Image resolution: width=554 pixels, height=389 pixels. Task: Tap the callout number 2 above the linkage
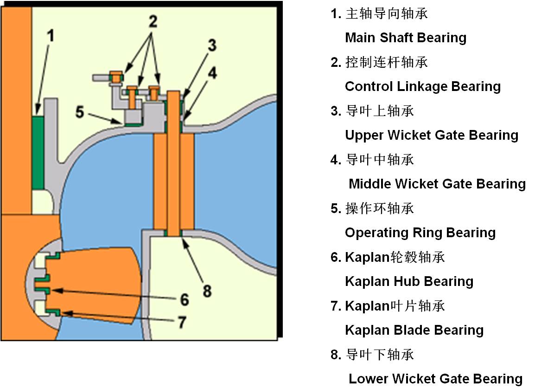[x=153, y=21]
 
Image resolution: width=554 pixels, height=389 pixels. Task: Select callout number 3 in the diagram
[x=211, y=45]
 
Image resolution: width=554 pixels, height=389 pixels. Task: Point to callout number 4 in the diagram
[x=211, y=72]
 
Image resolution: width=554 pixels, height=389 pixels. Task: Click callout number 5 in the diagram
[x=80, y=112]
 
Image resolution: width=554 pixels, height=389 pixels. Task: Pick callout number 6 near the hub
[x=185, y=299]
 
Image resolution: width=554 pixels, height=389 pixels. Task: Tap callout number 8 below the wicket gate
[x=207, y=291]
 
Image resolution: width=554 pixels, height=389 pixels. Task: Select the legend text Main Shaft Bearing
[x=406, y=38]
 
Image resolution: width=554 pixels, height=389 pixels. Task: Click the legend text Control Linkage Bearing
[x=423, y=86]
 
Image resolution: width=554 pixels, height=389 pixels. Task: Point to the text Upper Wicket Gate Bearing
[x=432, y=135]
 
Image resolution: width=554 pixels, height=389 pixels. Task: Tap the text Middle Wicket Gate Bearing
[x=437, y=184]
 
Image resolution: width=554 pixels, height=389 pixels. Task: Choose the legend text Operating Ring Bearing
[x=420, y=233]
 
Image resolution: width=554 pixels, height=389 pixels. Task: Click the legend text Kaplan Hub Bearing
[x=409, y=281]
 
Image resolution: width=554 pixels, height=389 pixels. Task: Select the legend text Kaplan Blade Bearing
[x=414, y=330]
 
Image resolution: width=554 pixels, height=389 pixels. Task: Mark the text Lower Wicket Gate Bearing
[x=435, y=379]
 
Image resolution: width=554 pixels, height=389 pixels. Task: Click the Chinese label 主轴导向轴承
[x=387, y=13]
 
